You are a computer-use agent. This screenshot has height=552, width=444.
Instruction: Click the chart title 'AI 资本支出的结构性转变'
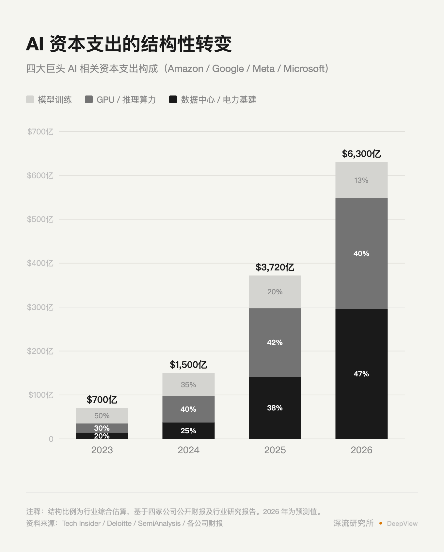point(129,44)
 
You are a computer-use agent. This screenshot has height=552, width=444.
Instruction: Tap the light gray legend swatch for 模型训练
point(30,99)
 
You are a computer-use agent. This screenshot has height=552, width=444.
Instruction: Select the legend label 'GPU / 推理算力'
point(126,100)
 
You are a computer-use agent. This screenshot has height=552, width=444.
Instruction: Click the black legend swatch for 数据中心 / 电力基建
point(173,99)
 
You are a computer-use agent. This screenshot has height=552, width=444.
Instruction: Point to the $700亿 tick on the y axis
point(40,131)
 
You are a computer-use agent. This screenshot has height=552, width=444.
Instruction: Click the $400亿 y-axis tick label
point(40,263)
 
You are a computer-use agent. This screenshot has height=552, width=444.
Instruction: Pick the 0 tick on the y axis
point(51,439)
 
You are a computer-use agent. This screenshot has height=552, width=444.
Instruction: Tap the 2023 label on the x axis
point(102,450)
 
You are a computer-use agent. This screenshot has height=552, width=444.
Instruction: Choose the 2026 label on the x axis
point(361,450)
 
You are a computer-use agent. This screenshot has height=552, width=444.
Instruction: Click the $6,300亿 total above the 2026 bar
point(361,154)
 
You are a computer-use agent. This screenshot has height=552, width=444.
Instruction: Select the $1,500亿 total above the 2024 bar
point(188,365)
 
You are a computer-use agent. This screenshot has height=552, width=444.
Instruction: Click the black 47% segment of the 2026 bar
point(361,374)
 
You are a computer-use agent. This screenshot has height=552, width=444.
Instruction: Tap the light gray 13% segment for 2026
point(361,180)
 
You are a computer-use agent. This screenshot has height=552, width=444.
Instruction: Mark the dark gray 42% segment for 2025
point(275,342)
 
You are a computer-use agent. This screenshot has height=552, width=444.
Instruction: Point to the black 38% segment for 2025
point(275,408)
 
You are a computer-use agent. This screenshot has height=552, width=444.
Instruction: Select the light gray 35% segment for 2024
point(188,385)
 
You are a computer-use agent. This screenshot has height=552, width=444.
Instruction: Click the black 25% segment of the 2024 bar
point(188,431)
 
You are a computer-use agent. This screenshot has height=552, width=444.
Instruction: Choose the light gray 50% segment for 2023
point(102,416)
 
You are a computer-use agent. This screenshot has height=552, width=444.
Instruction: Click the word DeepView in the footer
point(402,524)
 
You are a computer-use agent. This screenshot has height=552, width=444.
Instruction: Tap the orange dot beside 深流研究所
point(381,523)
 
